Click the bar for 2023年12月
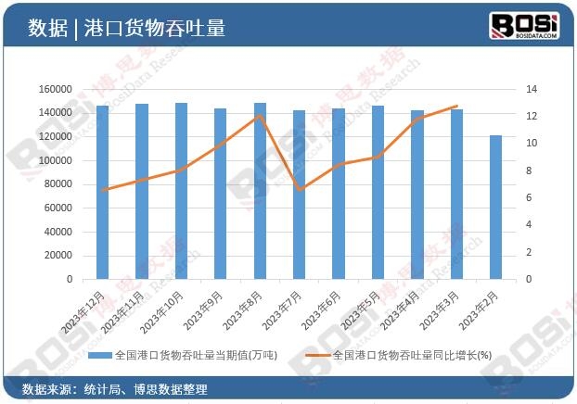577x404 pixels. [x=103, y=192]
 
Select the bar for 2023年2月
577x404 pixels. [x=496, y=207]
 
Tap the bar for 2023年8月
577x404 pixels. [x=261, y=191]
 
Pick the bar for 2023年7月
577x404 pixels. [x=300, y=195]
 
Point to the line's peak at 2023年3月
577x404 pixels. [x=456, y=107]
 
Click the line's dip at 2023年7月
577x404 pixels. [x=300, y=189]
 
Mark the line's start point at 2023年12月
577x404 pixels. [x=103, y=190]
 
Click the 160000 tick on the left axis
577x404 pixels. [x=56, y=89]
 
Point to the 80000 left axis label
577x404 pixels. [x=58, y=183]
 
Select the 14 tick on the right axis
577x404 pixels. [x=532, y=89]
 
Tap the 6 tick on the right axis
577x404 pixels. [x=528, y=197]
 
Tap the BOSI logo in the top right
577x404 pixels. [x=524, y=26]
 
